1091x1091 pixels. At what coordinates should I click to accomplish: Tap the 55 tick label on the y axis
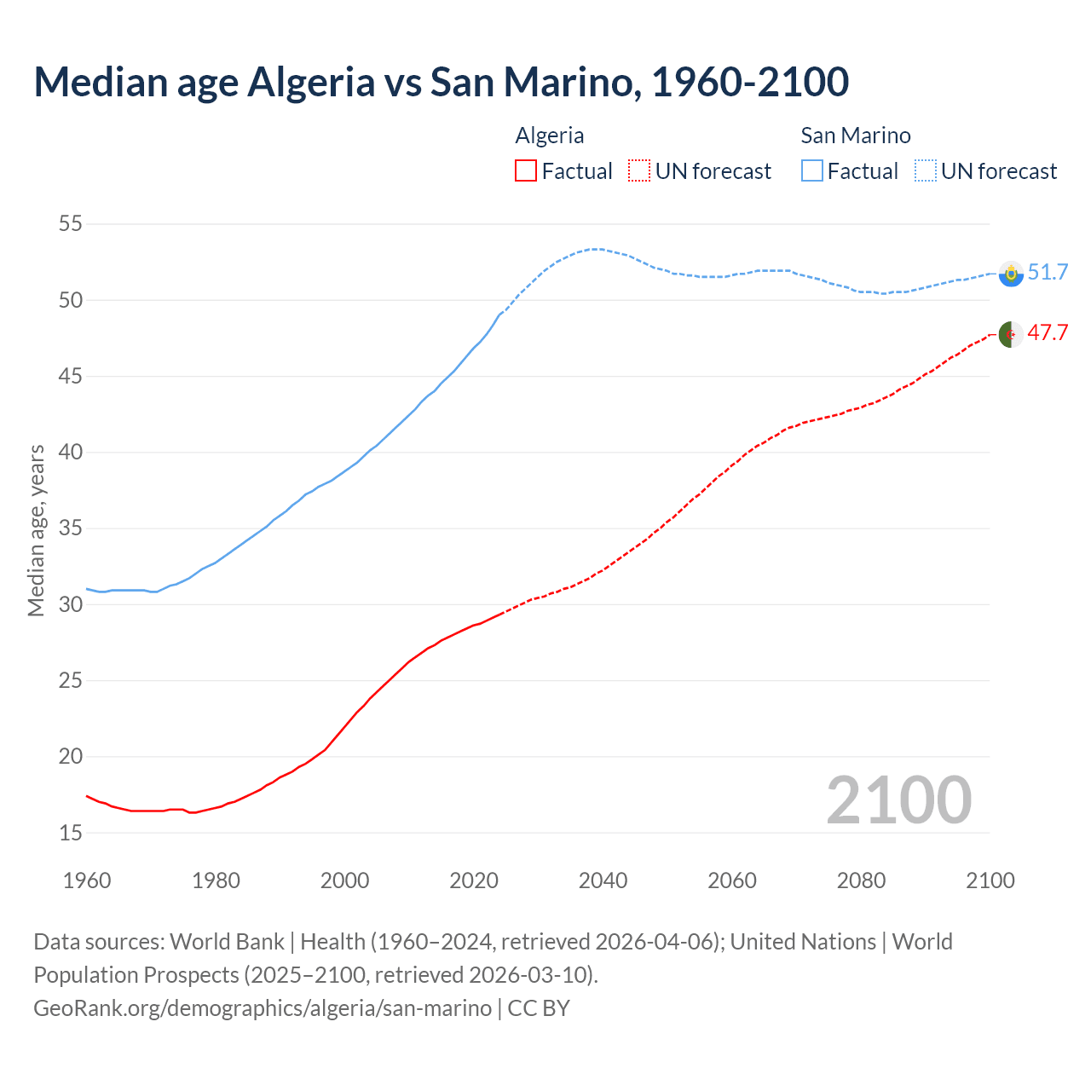70,224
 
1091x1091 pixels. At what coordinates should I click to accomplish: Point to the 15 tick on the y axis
70,833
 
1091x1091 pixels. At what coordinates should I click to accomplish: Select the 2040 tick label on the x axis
603,880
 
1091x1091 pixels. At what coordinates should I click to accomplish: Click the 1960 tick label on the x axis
87,880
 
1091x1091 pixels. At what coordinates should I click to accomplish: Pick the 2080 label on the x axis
861,880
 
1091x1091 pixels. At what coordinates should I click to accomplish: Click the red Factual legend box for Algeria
526,171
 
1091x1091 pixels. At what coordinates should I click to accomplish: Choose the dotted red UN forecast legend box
639,171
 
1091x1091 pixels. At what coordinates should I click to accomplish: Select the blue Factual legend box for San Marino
812,171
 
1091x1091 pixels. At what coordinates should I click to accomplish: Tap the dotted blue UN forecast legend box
926,171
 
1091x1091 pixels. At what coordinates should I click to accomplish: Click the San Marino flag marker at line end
1011,274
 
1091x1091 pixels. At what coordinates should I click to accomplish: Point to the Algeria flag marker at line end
1011,334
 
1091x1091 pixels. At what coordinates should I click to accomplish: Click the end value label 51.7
1048,272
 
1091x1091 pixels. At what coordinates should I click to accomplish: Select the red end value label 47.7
1048,332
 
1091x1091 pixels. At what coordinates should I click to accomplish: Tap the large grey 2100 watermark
898,799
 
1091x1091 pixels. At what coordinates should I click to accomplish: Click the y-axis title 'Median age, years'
36,530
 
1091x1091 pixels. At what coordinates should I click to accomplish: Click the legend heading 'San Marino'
856,136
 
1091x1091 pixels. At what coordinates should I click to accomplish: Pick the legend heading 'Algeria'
550,136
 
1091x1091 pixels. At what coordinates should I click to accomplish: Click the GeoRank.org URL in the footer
263,1008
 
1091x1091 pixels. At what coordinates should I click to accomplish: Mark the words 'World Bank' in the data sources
227,942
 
